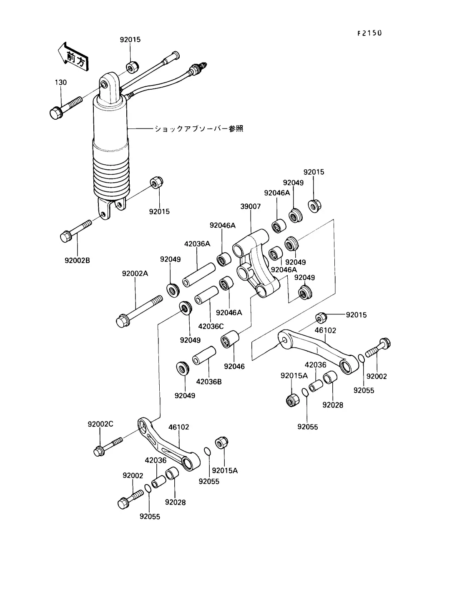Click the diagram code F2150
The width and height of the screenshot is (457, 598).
point(369,33)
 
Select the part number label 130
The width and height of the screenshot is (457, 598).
point(61,82)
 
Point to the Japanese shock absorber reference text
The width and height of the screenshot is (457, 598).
point(199,128)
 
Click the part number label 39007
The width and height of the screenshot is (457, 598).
point(250,206)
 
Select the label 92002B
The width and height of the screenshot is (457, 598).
point(77,261)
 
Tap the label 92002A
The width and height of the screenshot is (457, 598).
point(135,273)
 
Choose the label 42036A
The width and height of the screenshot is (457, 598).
point(197,244)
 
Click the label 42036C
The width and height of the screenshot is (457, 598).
point(211,326)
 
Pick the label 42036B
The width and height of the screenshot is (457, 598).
point(209,382)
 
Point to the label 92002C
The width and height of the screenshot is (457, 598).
point(100,424)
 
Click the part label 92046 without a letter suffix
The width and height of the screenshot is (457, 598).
point(234,367)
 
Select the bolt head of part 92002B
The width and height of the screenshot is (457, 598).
point(65,236)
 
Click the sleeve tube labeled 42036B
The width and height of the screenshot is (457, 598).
point(204,356)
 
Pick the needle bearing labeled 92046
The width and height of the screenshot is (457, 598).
point(230,339)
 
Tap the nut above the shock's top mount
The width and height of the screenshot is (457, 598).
point(133,67)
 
